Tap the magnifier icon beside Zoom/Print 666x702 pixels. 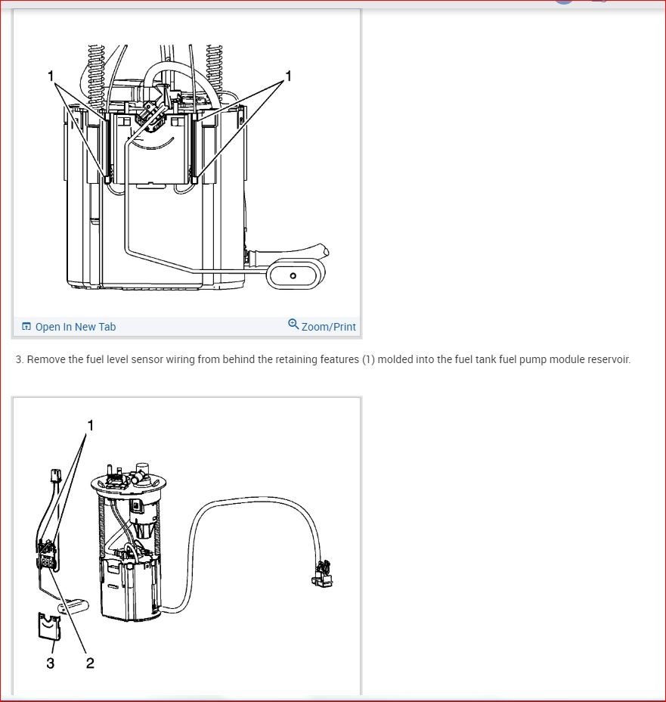293,324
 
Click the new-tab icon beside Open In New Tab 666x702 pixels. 26,326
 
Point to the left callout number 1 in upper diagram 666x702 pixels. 51,76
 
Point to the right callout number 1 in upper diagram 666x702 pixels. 289,76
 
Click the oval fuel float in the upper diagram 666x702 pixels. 296,275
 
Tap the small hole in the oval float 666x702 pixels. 293,275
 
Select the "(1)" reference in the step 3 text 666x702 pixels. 368,359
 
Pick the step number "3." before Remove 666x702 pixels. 20,359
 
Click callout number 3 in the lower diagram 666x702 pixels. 51,663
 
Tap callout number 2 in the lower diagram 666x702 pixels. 90,663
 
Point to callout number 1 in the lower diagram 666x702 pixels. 91,425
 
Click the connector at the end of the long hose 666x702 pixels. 323,573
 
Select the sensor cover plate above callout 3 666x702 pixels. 49,626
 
